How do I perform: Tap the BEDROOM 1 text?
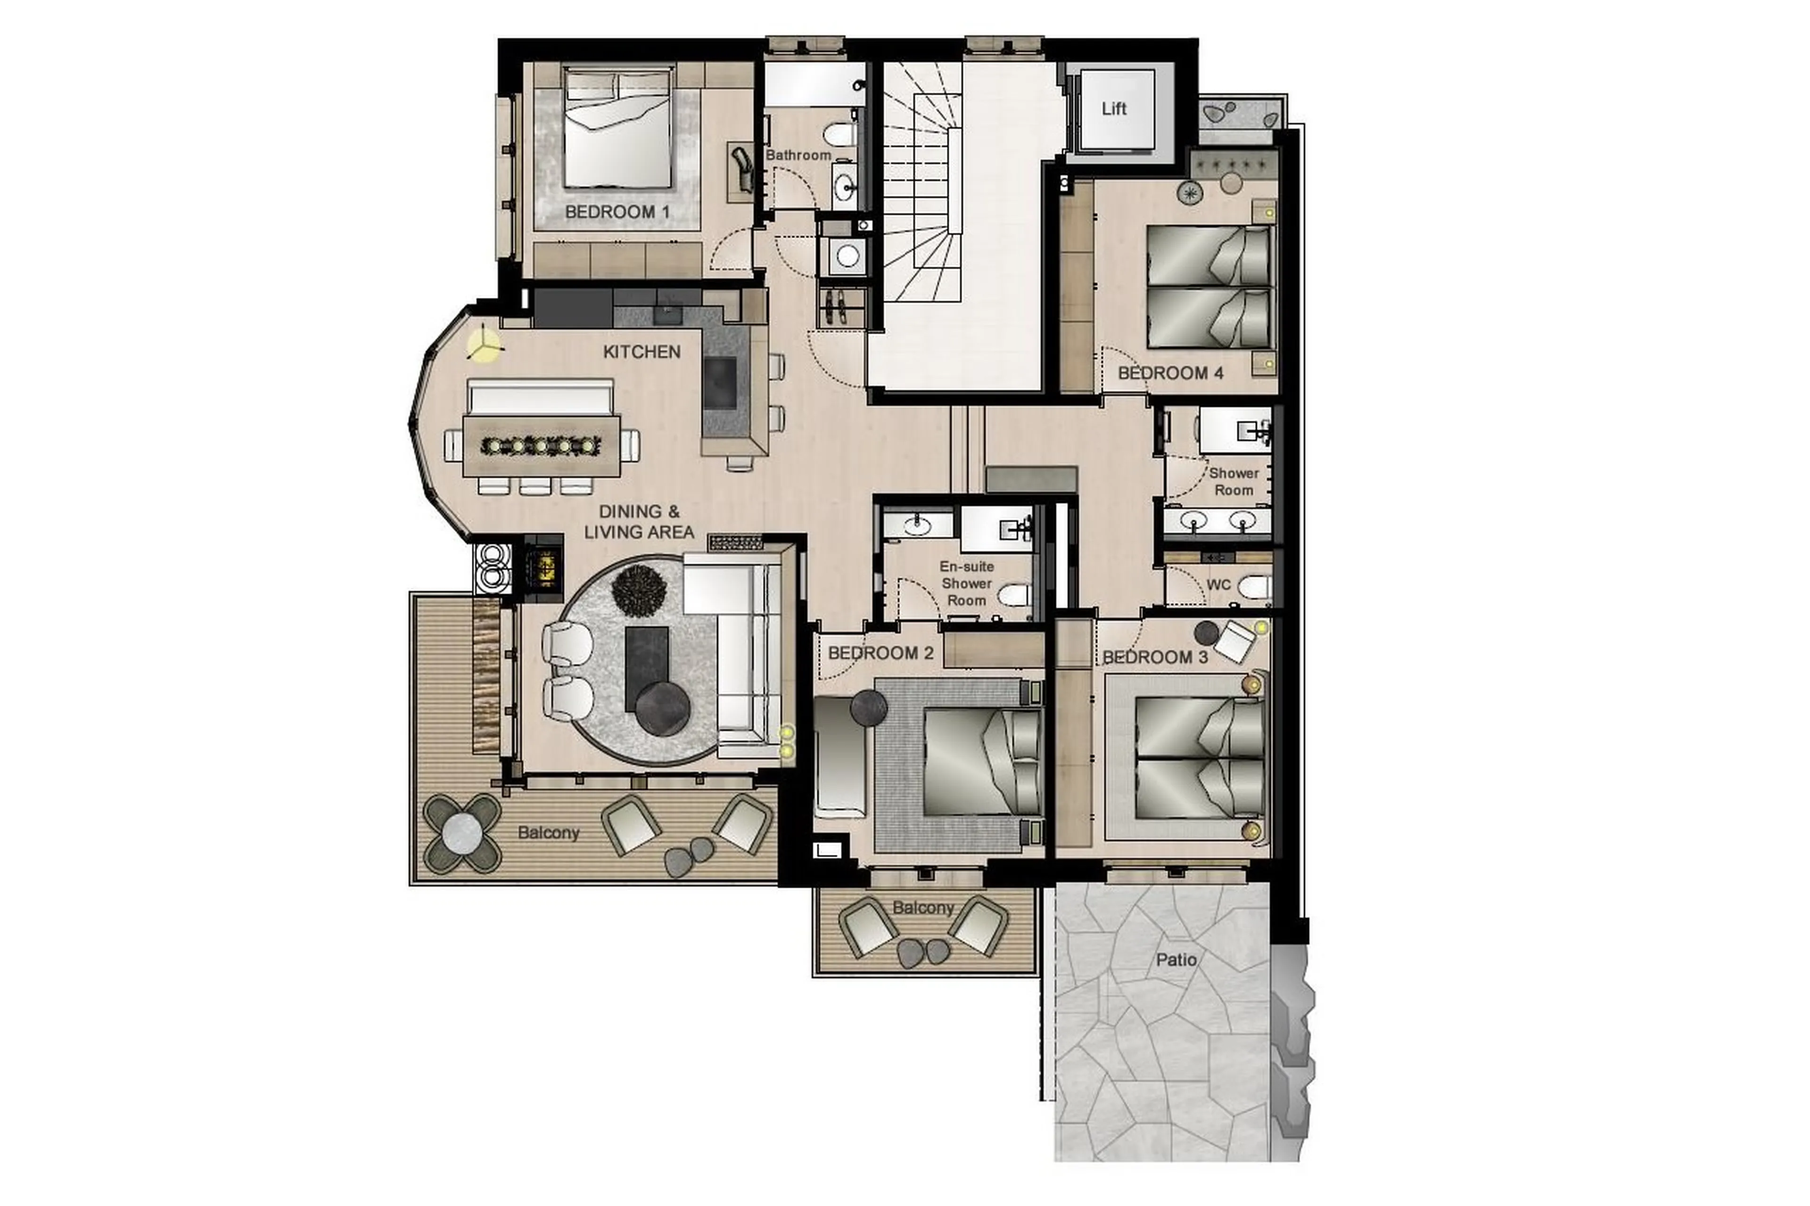(x=617, y=212)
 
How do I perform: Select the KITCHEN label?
(x=642, y=352)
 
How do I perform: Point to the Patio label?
(x=1176, y=960)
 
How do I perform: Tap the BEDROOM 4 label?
(x=1170, y=373)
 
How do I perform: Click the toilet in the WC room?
(x=1254, y=588)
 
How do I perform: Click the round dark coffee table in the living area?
(x=663, y=708)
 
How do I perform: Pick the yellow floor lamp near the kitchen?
(x=485, y=345)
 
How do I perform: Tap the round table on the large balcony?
(x=462, y=834)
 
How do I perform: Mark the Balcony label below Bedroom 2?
(x=922, y=908)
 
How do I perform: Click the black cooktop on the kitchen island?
(x=721, y=382)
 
